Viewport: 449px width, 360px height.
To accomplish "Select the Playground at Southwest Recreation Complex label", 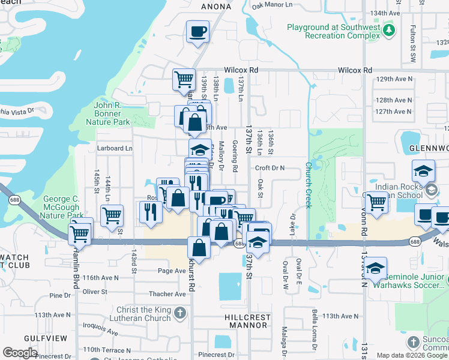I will pyautogui.click(x=334, y=32).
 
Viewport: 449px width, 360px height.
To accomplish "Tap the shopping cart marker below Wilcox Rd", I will pyautogui.click(x=184, y=79).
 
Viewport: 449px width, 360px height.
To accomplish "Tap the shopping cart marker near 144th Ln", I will pyautogui.click(x=112, y=215).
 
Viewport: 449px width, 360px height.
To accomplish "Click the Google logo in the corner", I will pyautogui.click(x=20, y=353).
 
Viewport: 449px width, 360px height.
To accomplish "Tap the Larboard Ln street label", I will pyautogui.click(x=113, y=148).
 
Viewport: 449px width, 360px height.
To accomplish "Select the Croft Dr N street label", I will pyautogui.click(x=269, y=169).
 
